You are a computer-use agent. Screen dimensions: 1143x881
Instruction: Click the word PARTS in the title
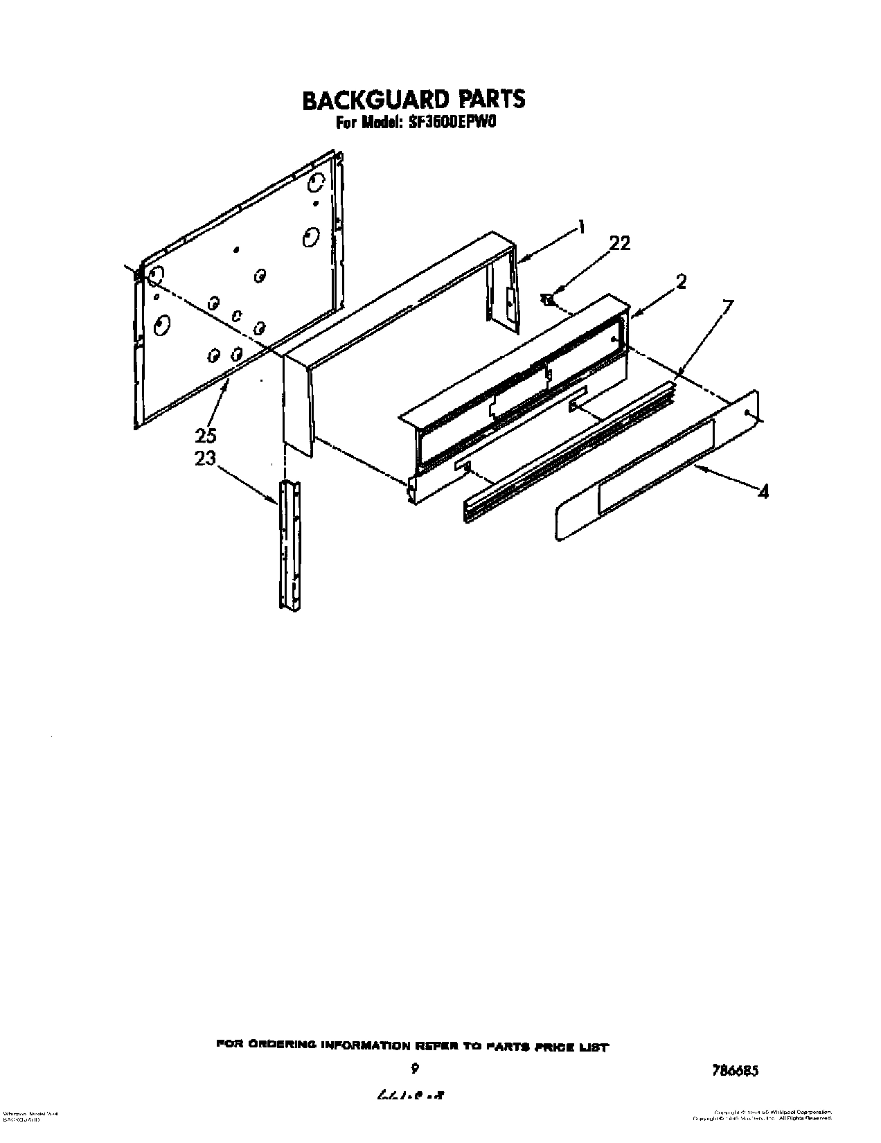pos(490,100)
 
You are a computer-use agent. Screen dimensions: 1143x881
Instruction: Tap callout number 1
pos(582,227)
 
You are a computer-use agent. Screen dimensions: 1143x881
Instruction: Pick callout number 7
pos(726,305)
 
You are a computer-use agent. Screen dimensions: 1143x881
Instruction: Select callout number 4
pos(763,493)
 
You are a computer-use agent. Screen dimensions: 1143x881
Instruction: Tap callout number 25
pos(206,436)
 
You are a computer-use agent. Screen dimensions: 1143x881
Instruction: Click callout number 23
pos(205,459)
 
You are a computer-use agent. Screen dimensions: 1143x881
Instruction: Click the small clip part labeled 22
pos(549,300)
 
